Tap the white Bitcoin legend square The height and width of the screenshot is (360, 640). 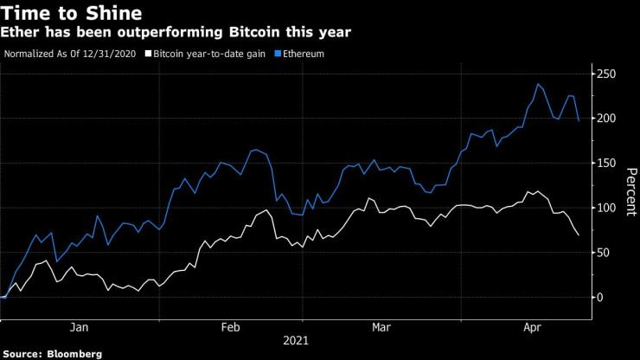149,54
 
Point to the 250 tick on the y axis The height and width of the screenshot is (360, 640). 609,74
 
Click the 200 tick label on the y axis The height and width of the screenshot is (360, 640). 609,119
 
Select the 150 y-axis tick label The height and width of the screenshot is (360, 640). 609,164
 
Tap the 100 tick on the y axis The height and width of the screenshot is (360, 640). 609,208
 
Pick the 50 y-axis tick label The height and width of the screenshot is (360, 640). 605,253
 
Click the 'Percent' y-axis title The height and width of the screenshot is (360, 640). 629,185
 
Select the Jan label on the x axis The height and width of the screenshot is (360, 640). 79,327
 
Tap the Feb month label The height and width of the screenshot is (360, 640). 231,327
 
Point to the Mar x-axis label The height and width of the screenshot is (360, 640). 381,327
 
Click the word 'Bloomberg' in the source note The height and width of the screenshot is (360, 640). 75,354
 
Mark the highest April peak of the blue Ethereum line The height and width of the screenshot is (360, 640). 539,84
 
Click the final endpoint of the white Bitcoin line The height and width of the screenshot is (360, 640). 579,235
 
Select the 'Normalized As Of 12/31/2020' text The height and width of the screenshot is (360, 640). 71,54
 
